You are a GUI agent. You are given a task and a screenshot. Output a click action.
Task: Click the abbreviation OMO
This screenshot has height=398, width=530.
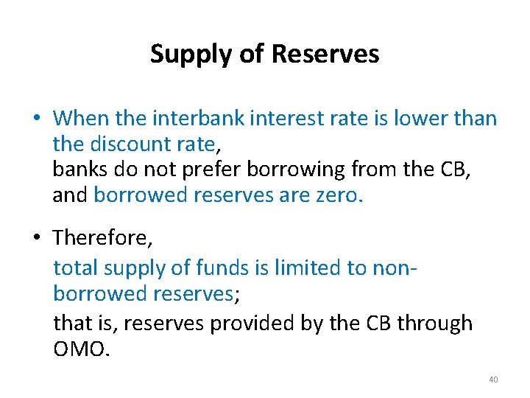(81, 349)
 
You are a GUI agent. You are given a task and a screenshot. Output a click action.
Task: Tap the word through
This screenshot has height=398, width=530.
(434, 323)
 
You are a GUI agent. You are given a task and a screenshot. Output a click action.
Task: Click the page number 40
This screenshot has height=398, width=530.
(493, 380)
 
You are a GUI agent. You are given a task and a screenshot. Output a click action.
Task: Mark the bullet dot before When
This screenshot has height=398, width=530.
(35, 119)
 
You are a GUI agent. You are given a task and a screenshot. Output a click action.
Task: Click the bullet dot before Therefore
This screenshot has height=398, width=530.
(35, 239)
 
